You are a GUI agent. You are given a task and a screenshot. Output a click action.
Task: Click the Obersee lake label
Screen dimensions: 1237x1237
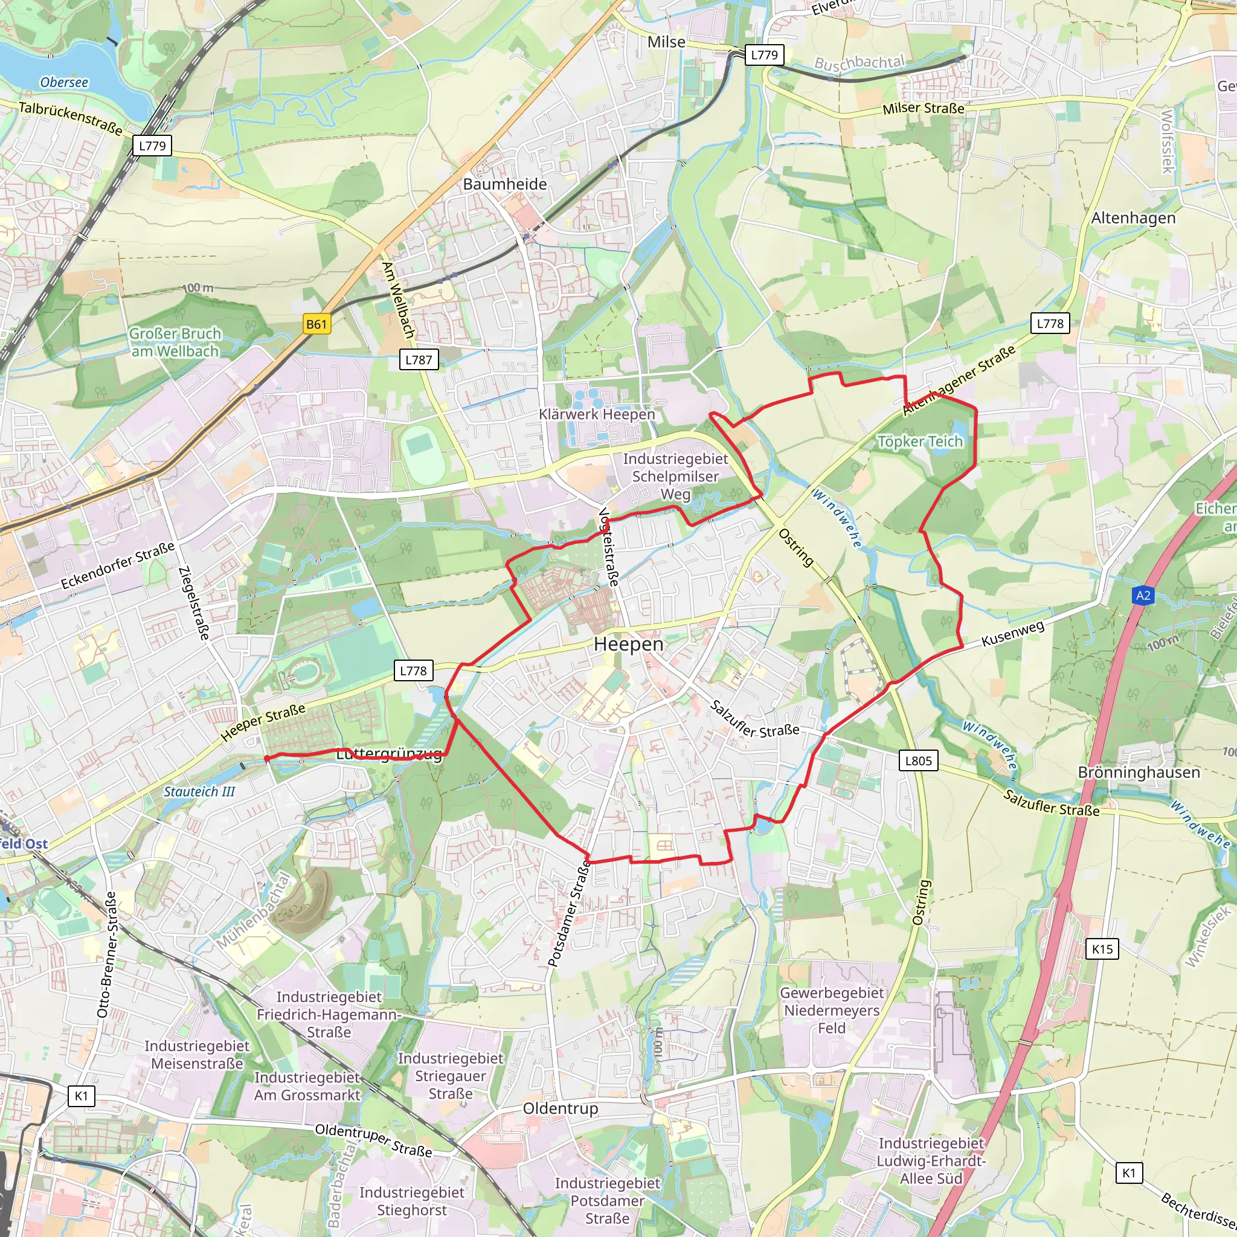point(64,83)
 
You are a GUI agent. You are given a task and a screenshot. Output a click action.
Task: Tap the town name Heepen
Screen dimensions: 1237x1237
point(628,644)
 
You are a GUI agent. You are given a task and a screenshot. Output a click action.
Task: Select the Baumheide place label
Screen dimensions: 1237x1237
point(504,184)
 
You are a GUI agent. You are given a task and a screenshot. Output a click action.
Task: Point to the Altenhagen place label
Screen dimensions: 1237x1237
point(1133,218)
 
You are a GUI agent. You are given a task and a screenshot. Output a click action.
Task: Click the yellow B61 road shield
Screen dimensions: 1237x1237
point(316,324)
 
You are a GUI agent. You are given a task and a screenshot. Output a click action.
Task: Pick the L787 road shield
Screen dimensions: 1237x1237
point(419,360)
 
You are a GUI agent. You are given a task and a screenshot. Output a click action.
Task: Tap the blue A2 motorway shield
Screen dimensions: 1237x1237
point(1143,596)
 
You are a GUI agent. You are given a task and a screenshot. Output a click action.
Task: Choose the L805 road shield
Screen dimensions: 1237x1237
point(918,760)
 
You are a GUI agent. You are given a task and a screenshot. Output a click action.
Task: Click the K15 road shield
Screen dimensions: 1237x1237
point(1102,949)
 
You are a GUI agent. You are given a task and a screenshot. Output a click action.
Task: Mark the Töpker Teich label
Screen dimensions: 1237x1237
point(919,442)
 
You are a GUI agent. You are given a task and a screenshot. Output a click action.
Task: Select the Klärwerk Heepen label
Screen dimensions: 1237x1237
point(597,414)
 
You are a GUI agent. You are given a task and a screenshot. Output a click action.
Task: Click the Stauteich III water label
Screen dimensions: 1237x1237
point(199,792)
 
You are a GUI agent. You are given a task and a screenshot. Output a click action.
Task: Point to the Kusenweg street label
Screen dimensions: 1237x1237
point(1012,633)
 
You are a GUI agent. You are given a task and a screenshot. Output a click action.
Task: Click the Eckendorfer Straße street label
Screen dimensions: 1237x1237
point(118,566)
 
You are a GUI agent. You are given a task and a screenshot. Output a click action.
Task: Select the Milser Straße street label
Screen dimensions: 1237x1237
point(923,109)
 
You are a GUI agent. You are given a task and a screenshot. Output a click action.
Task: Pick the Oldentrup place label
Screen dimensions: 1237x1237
point(561,1108)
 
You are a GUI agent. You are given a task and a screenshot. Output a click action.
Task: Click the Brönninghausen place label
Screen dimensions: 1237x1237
point(1139,773)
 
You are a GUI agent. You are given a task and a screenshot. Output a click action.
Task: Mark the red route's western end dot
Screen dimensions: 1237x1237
point(267,759)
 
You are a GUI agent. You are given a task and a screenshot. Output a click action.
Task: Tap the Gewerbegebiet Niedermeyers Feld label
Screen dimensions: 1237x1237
point(831,1010)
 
